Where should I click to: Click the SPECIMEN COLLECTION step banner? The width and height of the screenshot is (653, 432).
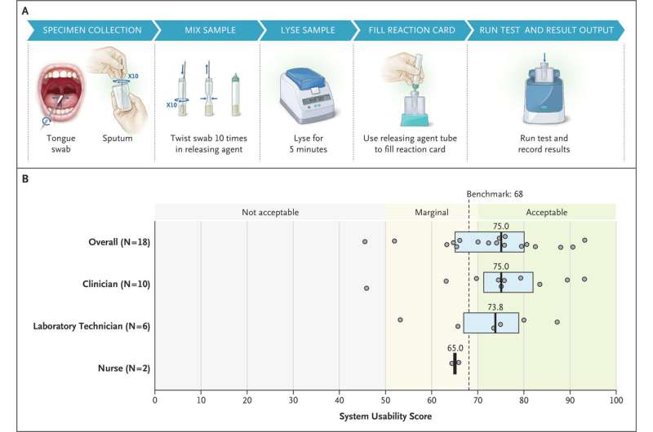(x=92, y=30)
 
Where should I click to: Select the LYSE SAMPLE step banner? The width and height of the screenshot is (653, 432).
(x=308, y=30)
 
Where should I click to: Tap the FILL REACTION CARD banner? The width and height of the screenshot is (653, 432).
(x=411, y=30)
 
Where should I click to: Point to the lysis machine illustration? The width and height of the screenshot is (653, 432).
(x=308, y=96)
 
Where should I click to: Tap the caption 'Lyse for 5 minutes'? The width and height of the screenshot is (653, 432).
(x=309, y=143)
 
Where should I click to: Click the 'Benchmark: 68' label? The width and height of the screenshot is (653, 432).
(x=495, y=194)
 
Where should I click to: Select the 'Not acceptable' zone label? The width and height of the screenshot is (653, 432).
(x=270, y=212)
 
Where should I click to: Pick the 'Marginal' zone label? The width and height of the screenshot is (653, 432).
(x=432, y=212)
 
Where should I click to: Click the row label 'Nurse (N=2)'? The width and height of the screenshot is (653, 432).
(x=124, y=368)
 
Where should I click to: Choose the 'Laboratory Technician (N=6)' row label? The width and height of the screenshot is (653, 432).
(x=91, y=326)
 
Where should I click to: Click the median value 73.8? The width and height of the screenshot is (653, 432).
(x=495, y=306)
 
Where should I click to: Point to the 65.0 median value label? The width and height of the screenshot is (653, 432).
(x=455, y=347)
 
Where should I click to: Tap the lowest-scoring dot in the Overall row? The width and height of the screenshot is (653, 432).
(x=365, y=241)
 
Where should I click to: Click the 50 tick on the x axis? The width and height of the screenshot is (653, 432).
(x=385, y=400)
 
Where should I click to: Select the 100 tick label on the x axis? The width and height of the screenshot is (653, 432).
(x=616, y=400)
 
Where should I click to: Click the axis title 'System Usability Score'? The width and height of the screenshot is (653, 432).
(x=385, y=417)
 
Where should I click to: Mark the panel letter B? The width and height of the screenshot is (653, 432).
(x=25, y=179)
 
